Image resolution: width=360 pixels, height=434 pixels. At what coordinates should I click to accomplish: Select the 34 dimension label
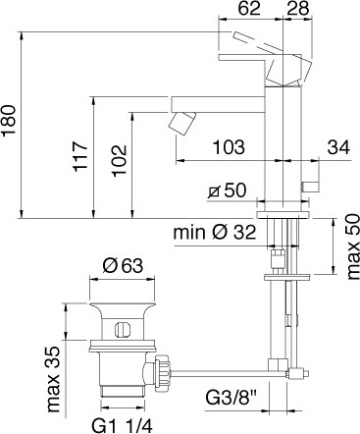coord(338,147)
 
